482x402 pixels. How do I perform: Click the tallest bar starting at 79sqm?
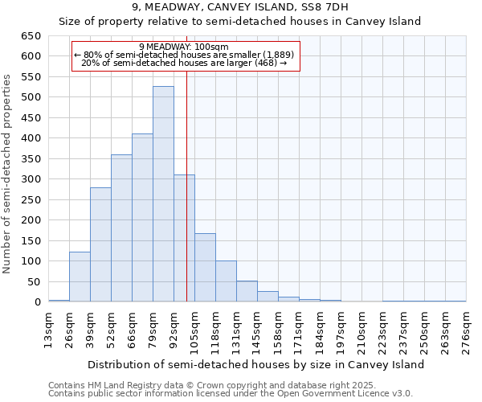(x=163, y=194)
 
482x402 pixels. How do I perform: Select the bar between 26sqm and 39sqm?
(x=80, y=277)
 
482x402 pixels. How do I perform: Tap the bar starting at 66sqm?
(x=142, y=217)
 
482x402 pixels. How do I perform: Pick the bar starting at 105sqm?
(x=205, y=267)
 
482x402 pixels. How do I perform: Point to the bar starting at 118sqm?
(x=226, y=281)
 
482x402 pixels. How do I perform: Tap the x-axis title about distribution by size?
(x=255, y=364)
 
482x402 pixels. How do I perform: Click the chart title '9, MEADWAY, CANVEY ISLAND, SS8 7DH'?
(x=240, y=7)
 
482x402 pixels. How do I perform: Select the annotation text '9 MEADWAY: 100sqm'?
(x=184, y=47)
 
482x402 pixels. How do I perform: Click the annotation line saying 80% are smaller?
(x=184, y=55)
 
